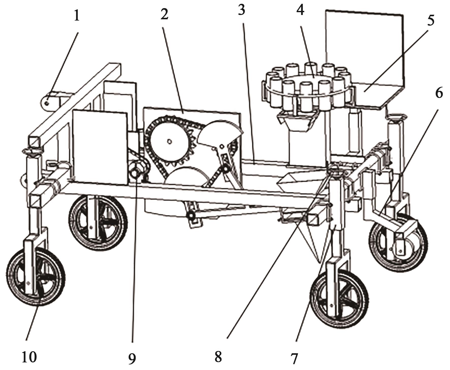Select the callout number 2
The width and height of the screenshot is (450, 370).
tap(164, 14)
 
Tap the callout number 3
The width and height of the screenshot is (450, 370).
tap(242, 10)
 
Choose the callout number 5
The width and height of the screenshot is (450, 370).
tap(431, 21)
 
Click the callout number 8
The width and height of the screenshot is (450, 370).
tap(218, 356)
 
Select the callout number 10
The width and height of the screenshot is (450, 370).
tap(29, 357)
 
